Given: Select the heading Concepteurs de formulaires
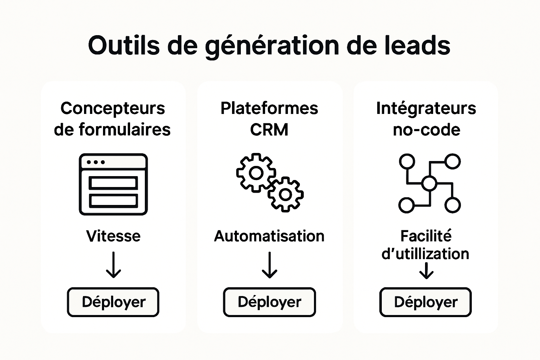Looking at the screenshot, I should tap(112, 119).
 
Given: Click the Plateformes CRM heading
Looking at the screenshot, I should tap(269, 119).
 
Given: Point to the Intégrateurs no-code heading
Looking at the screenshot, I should tap(426, 119).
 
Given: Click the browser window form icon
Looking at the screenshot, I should tap(113, 184).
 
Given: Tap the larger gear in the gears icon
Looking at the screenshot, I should tap(256, 173).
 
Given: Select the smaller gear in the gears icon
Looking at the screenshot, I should tap(285, 194).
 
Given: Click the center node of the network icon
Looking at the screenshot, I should tap(429, 183).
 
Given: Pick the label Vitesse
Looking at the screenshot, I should tap(113, 236).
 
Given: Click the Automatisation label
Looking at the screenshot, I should tap(269, 236).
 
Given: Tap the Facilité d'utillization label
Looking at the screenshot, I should tap(426, 245).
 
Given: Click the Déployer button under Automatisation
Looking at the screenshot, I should tap(269, 302).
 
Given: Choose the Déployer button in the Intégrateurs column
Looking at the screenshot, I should tap(425, 302).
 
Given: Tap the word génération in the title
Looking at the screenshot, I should tap(272, 45).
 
